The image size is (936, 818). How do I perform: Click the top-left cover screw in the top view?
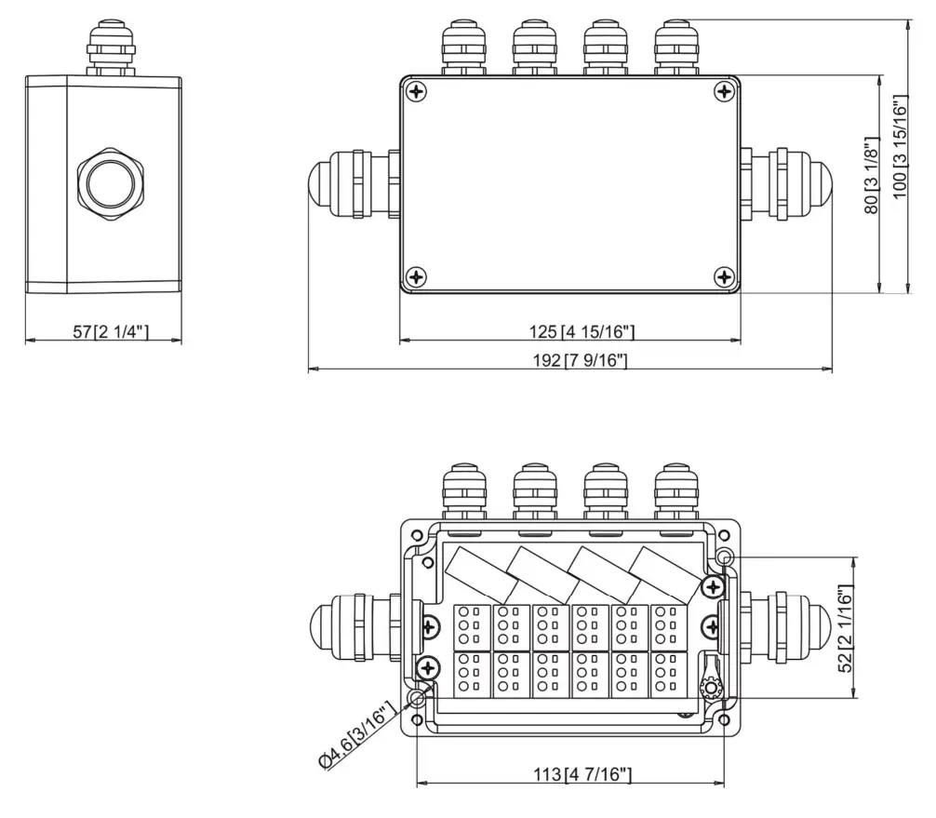(417, 91)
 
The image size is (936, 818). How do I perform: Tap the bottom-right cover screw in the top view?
(725, 276)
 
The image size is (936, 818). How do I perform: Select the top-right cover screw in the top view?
(725, 91)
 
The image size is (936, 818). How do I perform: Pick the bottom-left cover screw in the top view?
(417, 276)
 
